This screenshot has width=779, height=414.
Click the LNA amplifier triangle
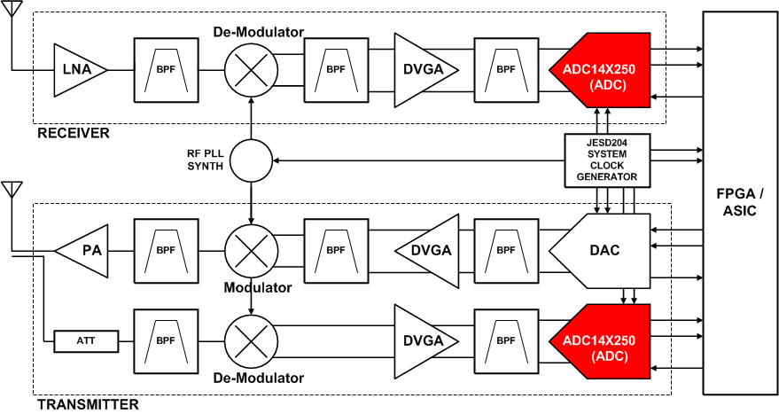tap(76, 68)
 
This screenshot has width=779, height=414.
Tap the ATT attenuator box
tap(86, 340)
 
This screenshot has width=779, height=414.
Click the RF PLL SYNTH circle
tap(252, 161)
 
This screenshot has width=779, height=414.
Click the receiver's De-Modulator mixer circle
tap(252, 68)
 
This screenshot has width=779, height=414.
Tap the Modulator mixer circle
tap(252, 251)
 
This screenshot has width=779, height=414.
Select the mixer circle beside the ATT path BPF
tap(252, 340)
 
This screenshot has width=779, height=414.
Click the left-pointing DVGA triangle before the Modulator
tap(428, 251)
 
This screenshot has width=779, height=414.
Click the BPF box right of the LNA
tap(165, 68)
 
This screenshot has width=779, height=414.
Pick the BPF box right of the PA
tap(165, 251)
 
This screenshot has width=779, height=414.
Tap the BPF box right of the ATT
tap(165, 340)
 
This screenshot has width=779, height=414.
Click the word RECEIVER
tap(73, 134)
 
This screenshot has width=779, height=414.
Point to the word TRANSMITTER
tap(88, 405)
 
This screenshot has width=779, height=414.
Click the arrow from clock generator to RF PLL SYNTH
tap(417, 161)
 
